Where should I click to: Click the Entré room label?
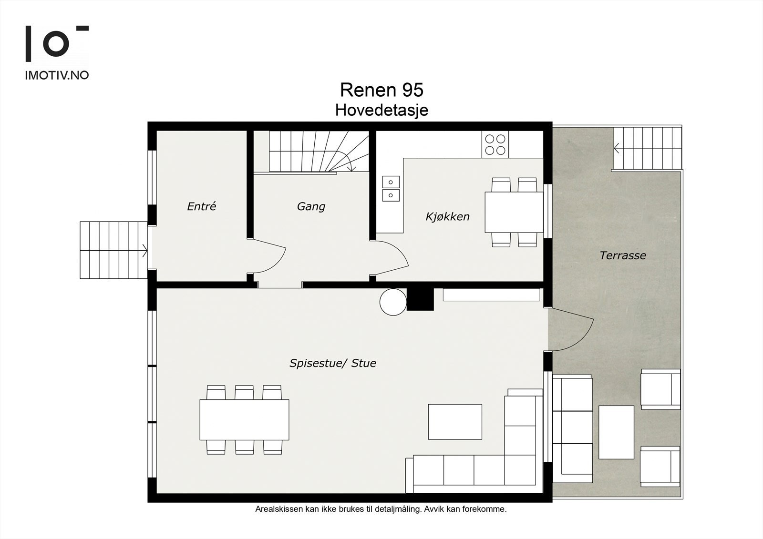(202, 206)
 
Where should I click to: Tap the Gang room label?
(311, 206)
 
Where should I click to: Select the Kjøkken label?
(448, 216)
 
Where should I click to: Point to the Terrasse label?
(623, 255)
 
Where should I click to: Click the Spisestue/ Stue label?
(333, 363)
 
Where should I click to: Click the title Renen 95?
(381, 90)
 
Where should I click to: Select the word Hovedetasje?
(381, 110)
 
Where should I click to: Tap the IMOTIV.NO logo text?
(57, 75)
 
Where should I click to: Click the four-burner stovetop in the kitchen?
(495, 145)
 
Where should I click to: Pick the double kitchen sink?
(391, 189)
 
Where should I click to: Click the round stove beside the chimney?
(393, 302)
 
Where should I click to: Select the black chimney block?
(420, 299)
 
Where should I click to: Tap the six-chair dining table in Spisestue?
(244, 420)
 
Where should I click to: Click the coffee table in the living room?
(455, 422)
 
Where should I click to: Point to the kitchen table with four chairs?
(514, 212)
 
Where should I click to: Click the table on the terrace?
(616, 432)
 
